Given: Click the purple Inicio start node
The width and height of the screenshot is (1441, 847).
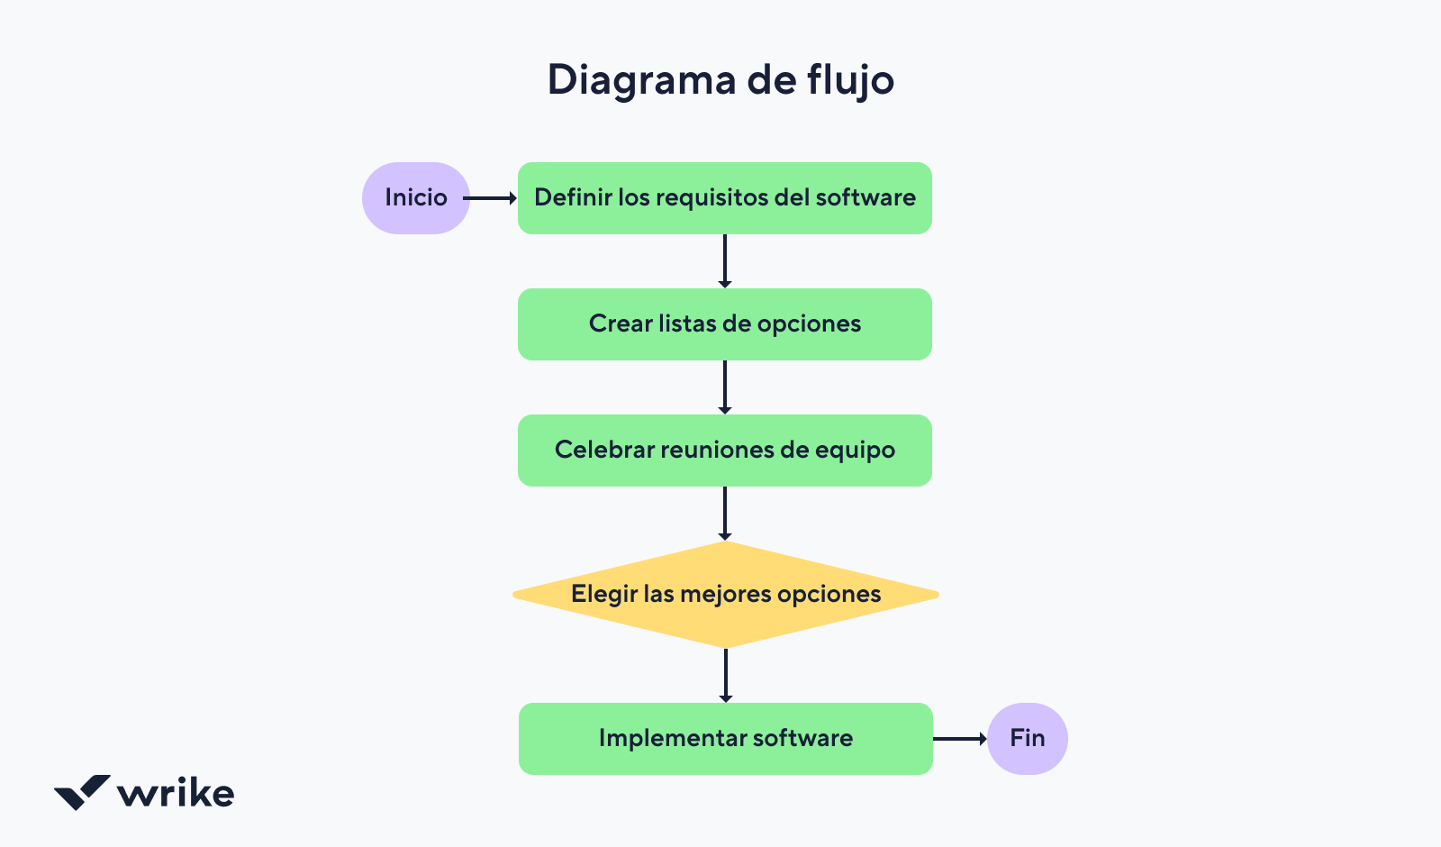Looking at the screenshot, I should (415, 198).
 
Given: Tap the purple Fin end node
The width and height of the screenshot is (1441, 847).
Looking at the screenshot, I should (1027, 739).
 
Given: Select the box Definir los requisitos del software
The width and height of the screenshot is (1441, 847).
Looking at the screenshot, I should (725, 198).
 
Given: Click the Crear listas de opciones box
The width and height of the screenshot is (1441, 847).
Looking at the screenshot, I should (725, 324).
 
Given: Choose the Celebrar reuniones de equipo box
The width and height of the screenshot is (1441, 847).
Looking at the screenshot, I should (725, 451).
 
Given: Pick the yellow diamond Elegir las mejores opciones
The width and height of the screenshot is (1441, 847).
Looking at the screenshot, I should (725, 595).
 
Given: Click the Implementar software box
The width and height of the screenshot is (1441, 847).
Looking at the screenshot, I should (725, 739).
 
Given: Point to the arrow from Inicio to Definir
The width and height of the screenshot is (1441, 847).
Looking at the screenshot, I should (491, 198).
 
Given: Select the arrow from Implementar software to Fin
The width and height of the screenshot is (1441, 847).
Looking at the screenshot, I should (959, 739).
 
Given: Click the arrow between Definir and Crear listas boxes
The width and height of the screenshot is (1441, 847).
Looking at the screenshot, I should (725, 261).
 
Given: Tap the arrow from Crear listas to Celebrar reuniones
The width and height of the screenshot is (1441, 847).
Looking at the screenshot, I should (725, 387).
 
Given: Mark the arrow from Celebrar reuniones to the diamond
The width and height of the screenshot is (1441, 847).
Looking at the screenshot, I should (725, 514).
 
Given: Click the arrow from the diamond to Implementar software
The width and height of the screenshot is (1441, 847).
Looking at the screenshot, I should (725, 676).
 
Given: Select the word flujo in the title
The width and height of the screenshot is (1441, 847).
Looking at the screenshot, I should (850, 81).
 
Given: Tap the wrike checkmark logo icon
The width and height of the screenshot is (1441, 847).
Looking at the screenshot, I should (82, 792).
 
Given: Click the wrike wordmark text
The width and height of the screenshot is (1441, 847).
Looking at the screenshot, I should (176, 793).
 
